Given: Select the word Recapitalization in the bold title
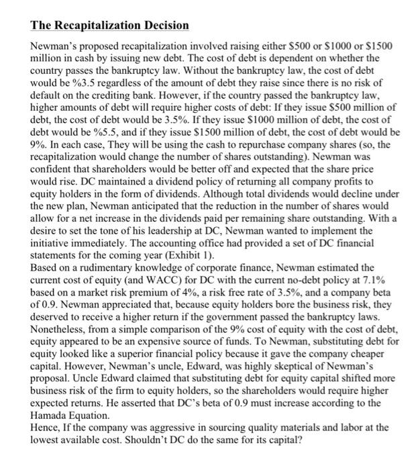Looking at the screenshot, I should [89, 26].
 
